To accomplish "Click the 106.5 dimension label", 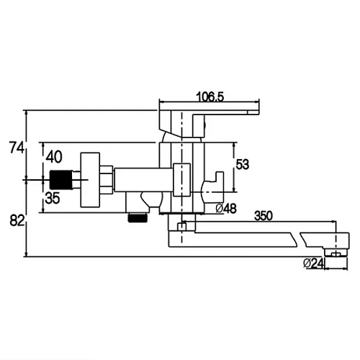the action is tap(210, 97).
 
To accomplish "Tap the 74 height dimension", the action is tap(17, 148).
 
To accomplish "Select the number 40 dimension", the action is tap(54, 157).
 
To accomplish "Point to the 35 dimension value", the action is tap(53, 198).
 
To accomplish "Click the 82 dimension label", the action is tap(17, 220).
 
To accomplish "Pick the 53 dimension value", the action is tap(243, 165).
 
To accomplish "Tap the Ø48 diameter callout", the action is tap(226, 208).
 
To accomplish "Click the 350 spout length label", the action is tap(264, 216).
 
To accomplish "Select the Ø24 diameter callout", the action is tap(313, 264).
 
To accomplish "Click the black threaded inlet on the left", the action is tap(60, 180).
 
